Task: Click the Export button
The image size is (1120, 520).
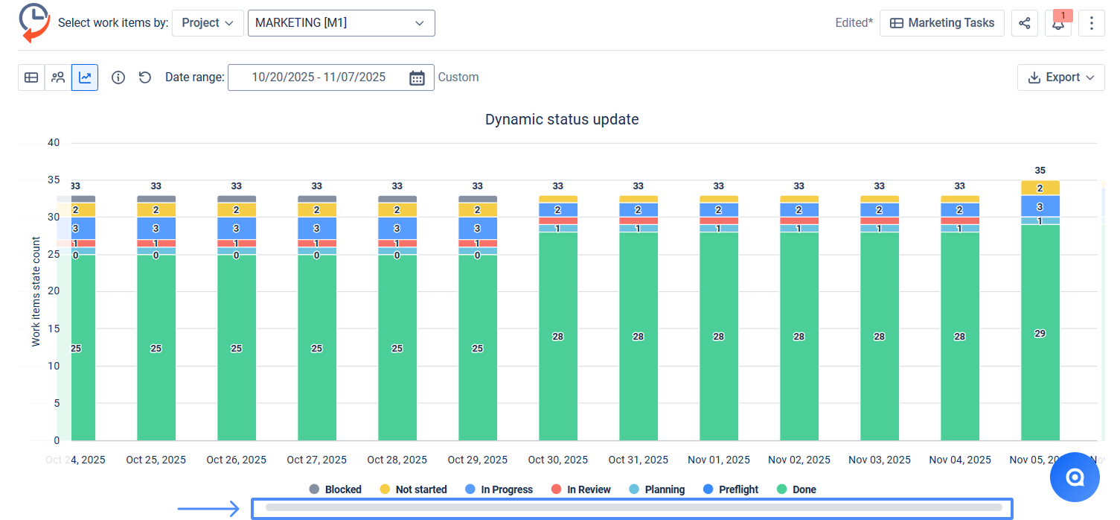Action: [x=1060, y=77]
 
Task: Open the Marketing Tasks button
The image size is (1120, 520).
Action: [x=941, y=23]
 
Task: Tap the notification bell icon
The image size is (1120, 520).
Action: [x=1057, y=23]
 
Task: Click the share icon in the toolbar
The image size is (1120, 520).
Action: [x=1024, y=23]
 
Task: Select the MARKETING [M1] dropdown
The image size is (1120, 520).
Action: [x=341, y=23]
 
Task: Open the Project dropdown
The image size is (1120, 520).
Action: [x=208, y=23]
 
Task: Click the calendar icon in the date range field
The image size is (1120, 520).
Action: [x=417, y=77]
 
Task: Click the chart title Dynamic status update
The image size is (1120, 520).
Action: [x=562, y=119]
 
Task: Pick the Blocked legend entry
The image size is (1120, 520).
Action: [x=336, y=489]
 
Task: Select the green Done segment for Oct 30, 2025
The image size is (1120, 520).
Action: [x=558, y=336]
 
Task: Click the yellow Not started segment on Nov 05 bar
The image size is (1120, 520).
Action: [x=1040, y=188]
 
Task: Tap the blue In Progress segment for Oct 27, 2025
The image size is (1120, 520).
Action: [x=317, y=229]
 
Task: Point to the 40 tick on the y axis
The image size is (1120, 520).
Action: [x=53, y=142]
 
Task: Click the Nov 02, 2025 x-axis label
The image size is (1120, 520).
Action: [x=799, y=460]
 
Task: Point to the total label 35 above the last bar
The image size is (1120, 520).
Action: [x=1040, y=171]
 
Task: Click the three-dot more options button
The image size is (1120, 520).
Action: [x=1091, y=23]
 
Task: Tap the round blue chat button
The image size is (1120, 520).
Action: [x=1075, y=478]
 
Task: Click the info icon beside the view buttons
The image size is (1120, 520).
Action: [x=118, y=77]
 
